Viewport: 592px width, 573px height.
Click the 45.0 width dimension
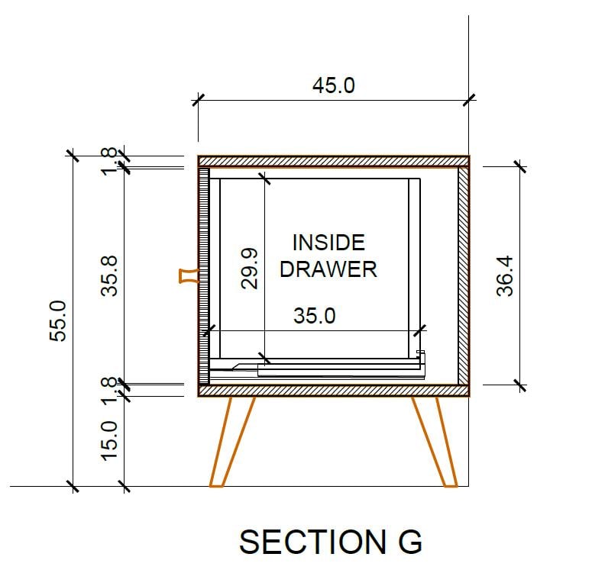tap(333, 85)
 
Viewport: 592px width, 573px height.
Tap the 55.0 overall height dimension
tap(61, 320)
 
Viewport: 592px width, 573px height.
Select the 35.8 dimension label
tap(111, 275)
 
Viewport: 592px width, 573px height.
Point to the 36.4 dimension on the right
tap(505, 275)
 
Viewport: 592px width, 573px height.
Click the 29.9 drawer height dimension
tap(250, 268)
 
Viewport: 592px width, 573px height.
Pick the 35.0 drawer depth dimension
tap(314, 316)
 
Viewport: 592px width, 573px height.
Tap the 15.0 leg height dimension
tap(109, 440)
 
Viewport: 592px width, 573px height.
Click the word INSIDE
tap(328, 243)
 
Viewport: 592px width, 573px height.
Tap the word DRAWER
tap(328, 269)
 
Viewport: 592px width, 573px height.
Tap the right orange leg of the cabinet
tap(435, 441)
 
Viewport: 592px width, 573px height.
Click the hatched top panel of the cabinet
tap(333, 161)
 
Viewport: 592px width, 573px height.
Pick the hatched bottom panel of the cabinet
tap(333, 391)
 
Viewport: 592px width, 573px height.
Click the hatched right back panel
tap(463, 275)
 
